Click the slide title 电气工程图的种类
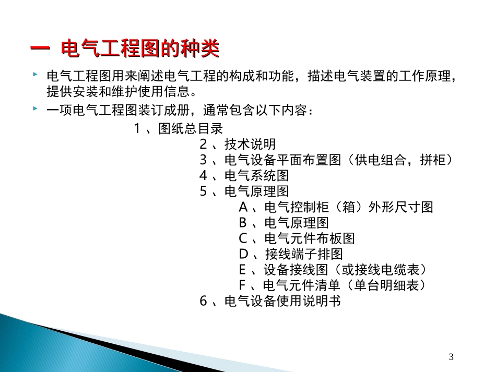click(x=140, y=51)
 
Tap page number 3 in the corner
click(x=452, y=357)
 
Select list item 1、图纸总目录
click(x=179, y=129)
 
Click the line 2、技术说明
click(x=238, y=145)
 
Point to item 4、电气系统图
click(x=244, y=176)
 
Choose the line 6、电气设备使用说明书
click(x=270, y=301)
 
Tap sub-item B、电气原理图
click(x=284, y=223)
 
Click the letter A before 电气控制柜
click(x=243, y=207)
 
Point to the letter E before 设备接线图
click(x=242, y=270)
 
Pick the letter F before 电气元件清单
click(x=242, y=285)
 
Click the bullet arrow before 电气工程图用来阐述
click(x=34, y=76)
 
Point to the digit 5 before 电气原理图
click(x=204, y=191)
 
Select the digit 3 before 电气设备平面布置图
click(x=204, y=160)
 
